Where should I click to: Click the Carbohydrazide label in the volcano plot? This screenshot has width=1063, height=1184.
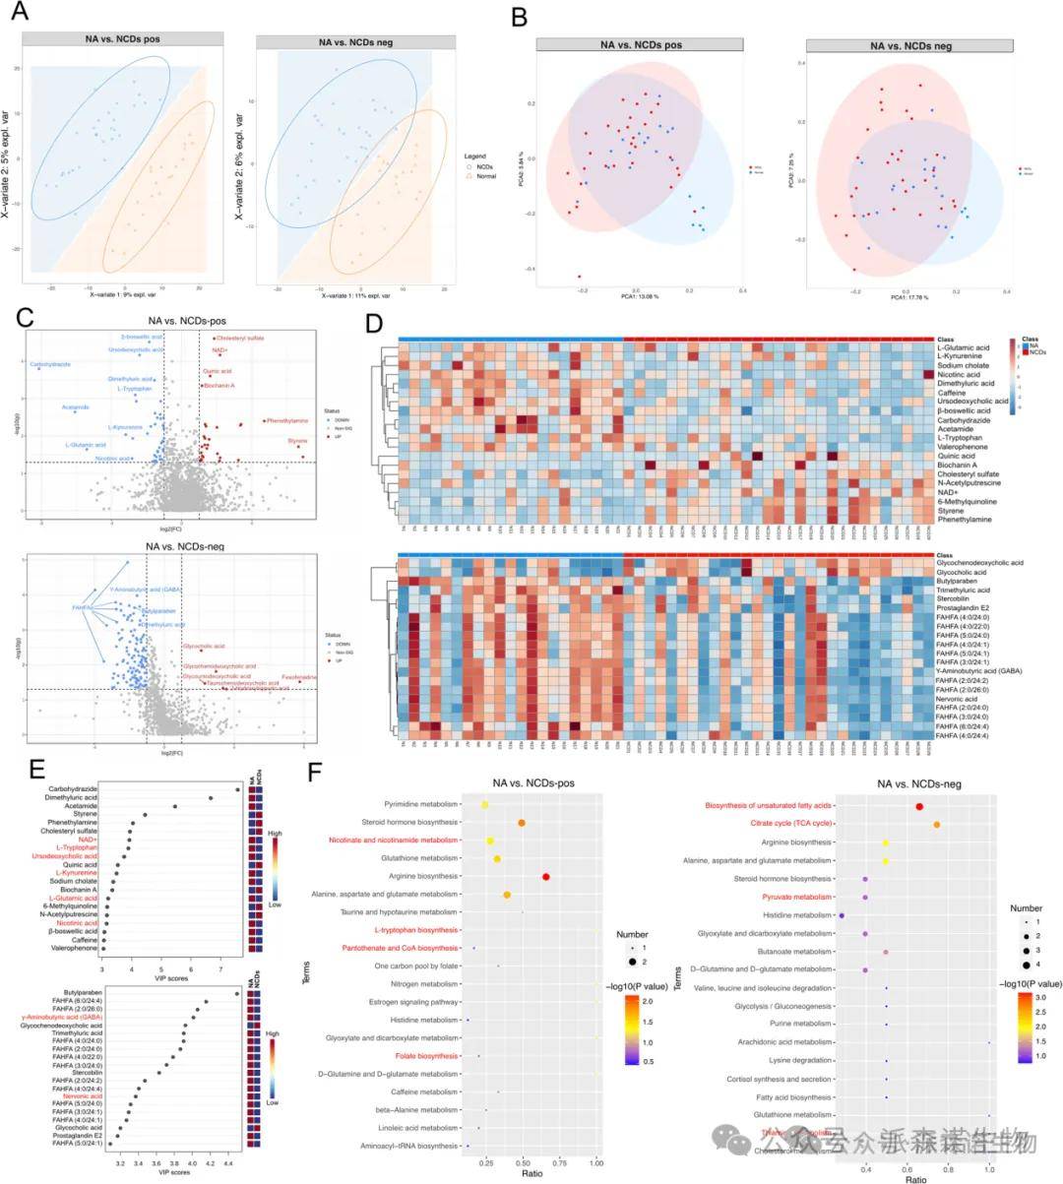coord(50,364)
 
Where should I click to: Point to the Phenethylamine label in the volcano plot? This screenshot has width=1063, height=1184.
coord(286,420)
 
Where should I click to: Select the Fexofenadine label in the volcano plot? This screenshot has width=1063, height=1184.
coord(299,677)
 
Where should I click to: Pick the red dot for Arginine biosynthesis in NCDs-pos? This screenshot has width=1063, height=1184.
coord(545,876)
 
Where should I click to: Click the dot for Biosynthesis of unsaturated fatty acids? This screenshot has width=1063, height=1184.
coord(918,806)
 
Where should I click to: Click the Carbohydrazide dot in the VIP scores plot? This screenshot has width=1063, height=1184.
coord(238,789)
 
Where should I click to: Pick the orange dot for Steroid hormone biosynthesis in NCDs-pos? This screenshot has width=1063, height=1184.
coord(522,823)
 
